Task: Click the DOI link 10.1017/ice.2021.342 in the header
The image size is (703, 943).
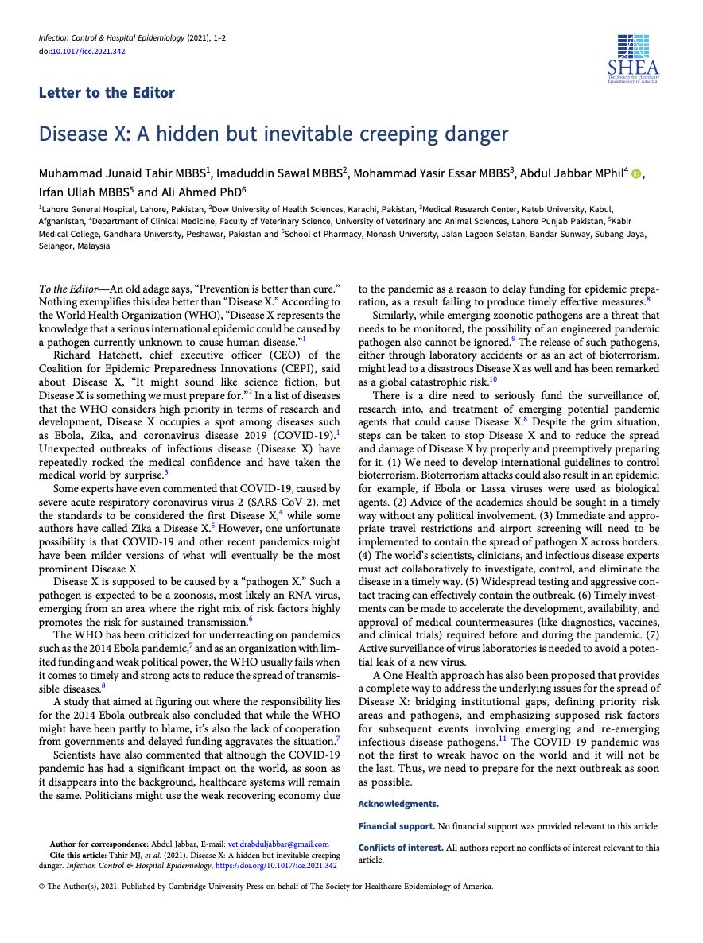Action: (88, 52)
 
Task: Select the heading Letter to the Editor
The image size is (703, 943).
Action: (107, 93)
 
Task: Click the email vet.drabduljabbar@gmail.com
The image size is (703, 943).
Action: (278, 844)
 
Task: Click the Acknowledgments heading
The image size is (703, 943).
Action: (398, 805)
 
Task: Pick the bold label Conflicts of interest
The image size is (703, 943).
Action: (401, 848)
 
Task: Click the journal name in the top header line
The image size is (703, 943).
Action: (111, 38)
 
